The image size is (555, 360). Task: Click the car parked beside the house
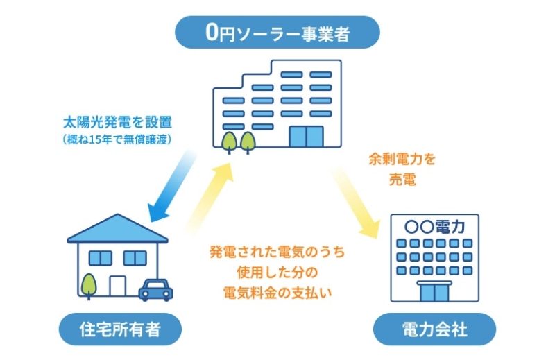(x=155, y=289)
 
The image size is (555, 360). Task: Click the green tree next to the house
(x=87, y=284)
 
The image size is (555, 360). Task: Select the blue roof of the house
(x=117, y=229)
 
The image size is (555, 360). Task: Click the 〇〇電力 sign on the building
(x=435, y=226)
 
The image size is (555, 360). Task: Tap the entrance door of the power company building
(x=435, y=291)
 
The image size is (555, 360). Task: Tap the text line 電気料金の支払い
(x=277, y=292)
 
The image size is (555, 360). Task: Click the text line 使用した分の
(x=277, y=272)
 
